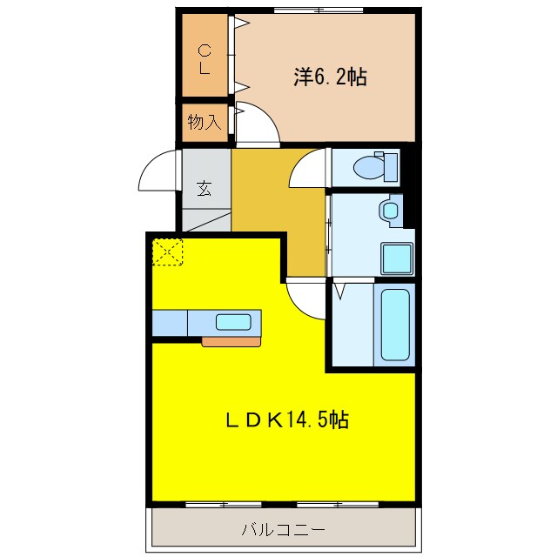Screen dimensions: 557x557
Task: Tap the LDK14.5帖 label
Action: pos(287,420)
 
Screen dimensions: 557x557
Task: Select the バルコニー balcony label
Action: pos(283,529)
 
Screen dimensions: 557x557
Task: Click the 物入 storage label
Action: pos(205,123)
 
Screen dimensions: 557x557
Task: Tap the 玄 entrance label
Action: pos(204,188)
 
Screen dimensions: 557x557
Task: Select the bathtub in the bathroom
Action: pos(395,324)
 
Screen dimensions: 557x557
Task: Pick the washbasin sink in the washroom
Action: pos(390,210)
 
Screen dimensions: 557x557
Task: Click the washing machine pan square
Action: pos(396,258)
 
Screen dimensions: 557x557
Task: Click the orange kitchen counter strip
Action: pos(231,341)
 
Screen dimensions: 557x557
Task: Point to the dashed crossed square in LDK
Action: pos(168,252)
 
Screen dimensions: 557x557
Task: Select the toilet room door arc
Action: pos(307,168)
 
